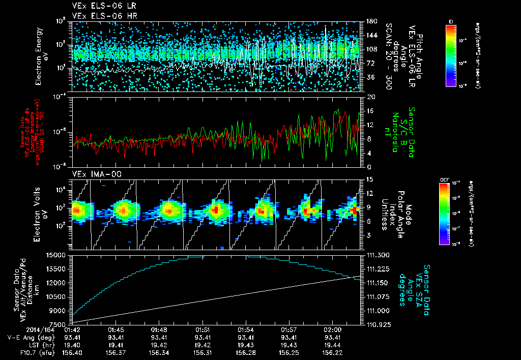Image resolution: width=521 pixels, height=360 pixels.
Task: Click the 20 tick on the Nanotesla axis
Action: point(371,97)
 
